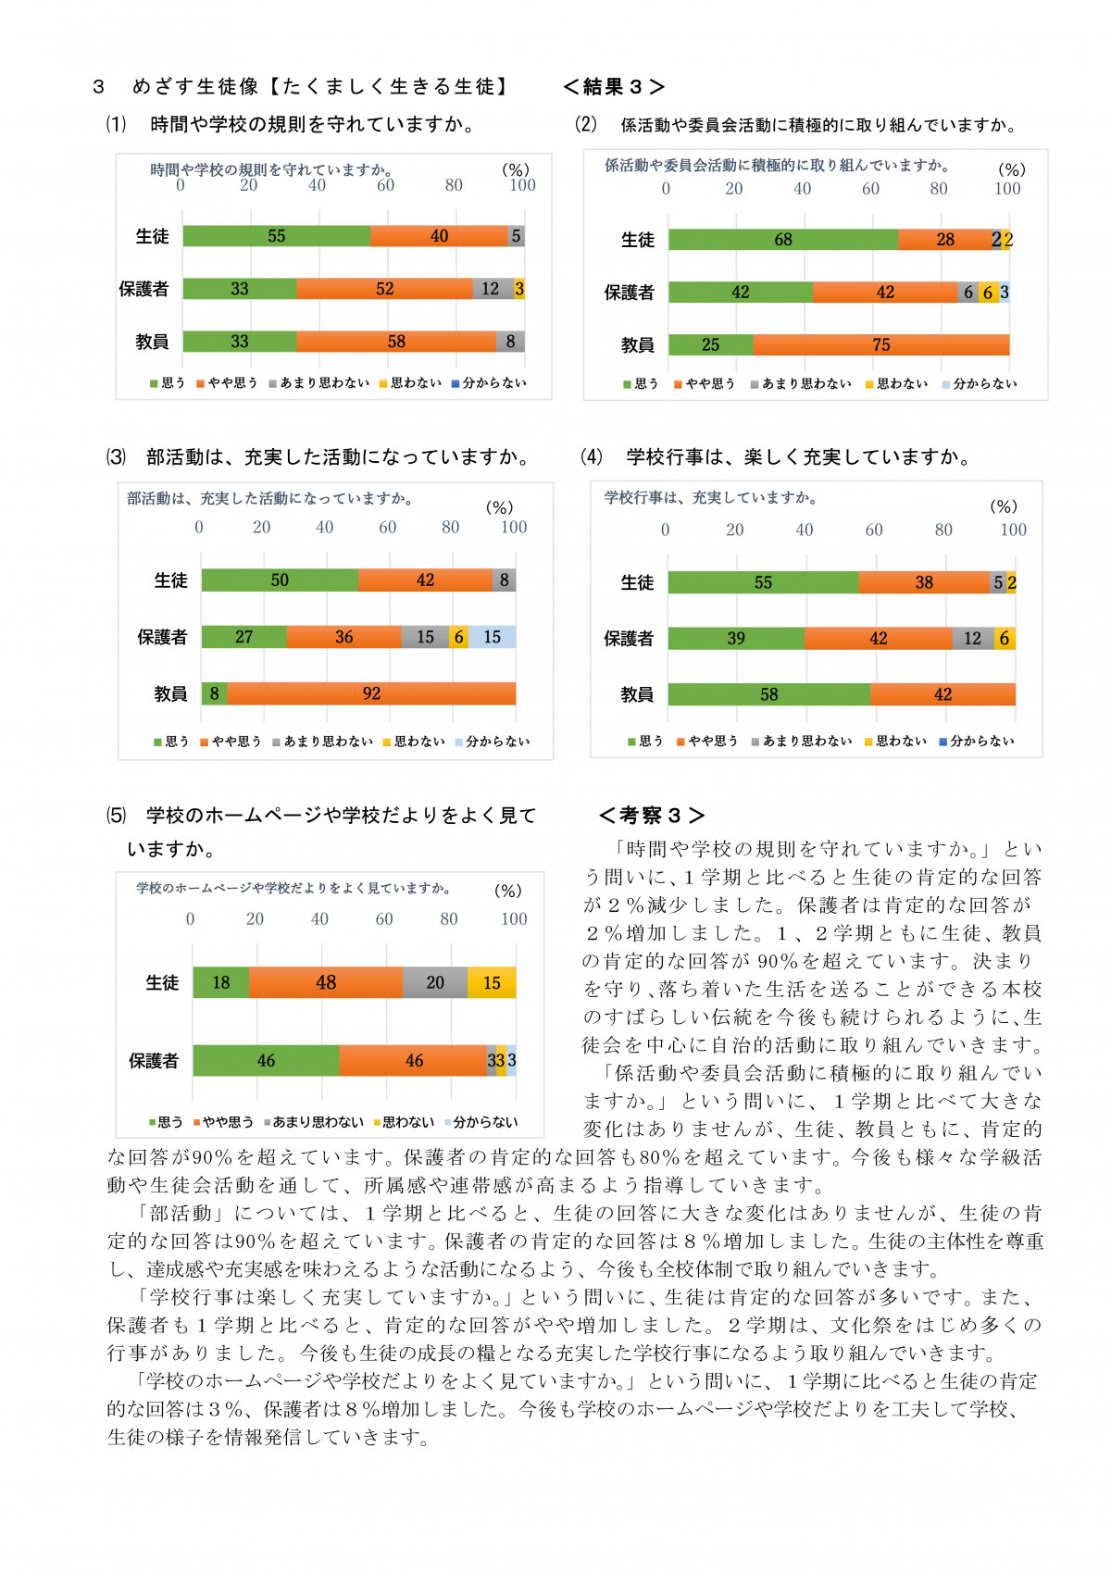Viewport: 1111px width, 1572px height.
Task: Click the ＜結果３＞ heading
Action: (x=613, y=87)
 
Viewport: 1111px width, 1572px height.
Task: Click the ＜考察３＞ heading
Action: (x=652, y=816)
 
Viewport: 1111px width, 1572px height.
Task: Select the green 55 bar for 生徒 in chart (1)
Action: (x=276, y=236)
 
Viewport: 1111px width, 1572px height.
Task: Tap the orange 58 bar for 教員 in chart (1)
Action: (x=396, y=342)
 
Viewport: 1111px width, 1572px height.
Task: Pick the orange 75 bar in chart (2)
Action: (x=880, y=345)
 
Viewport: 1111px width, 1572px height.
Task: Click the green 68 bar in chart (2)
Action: (x=783, y=240)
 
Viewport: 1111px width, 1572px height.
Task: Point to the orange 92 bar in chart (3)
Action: (x=371, y=693)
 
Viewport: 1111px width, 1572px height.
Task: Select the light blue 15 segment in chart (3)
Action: (x=492, y=637)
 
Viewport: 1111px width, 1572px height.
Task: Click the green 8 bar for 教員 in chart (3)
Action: (x=214, y=693)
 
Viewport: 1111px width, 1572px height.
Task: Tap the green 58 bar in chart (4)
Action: (x=768, y=694)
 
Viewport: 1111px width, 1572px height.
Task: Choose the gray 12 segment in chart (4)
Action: (x=972, y=638)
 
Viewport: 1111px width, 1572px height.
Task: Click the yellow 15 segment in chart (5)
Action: (x=492, y=982)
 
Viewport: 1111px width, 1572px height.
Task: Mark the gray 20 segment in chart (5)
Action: (x=435, y=982)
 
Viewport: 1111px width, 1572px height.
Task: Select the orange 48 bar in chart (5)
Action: (x=326, y=982)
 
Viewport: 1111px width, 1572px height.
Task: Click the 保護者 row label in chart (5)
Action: (x=153, y=1061)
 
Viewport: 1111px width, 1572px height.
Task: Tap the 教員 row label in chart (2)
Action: (x=637, y=345)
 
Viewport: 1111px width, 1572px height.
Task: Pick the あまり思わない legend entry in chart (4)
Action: (x=802, y=742)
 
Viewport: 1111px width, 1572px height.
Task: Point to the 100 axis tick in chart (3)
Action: (x=514, y=528)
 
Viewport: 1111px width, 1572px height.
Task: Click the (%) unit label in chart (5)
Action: (x=507, y=891)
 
